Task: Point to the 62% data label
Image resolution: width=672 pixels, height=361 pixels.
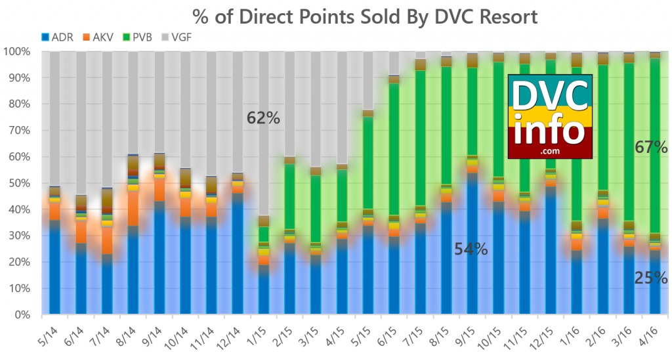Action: click(263, 118)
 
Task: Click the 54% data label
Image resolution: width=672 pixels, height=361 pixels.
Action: click(471, 249)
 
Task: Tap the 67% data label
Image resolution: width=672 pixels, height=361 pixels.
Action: click(651, 147)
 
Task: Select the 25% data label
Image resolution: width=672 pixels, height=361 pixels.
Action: click(651, 278)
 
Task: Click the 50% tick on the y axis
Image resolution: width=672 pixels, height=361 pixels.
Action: click(20, 184)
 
